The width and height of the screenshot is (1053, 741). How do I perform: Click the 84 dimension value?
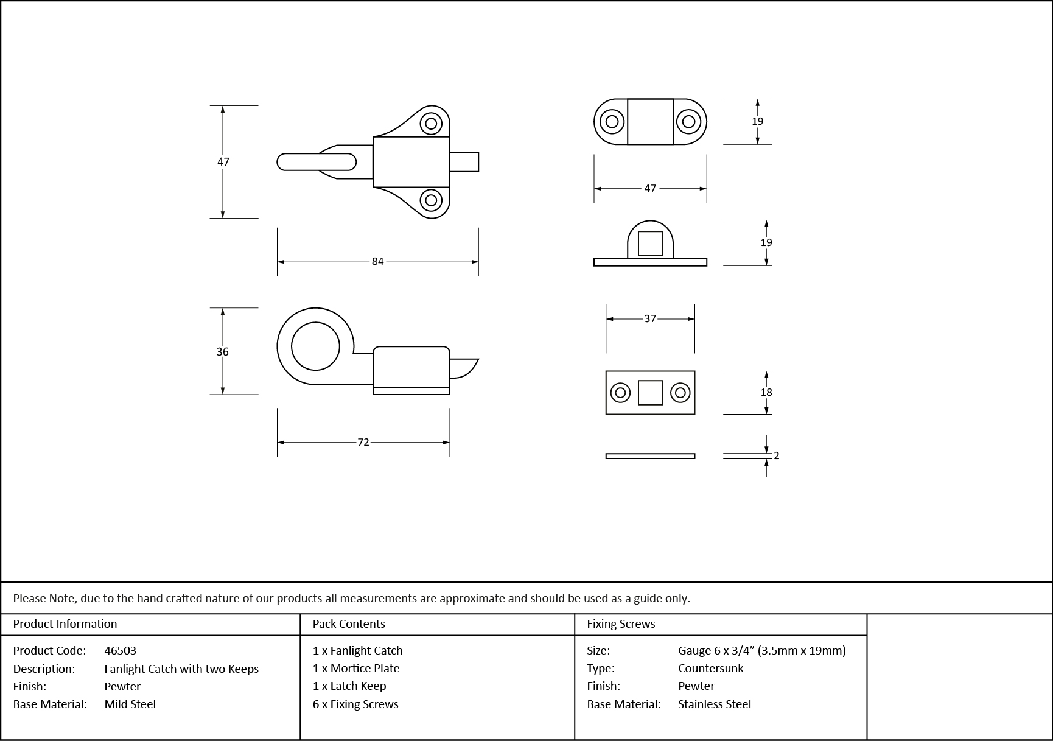point(377,261)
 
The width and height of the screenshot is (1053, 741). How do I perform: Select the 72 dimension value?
point(363,442)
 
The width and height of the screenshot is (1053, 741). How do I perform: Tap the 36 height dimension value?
point(223,351)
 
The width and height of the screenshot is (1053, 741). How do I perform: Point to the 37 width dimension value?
point(650,318)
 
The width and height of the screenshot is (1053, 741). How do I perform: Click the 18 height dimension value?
point(766,392)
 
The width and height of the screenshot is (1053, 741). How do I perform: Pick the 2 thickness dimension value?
point(776,455)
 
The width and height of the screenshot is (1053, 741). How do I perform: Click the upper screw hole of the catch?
point(431,124)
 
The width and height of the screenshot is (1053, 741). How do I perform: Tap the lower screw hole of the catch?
point(431,200)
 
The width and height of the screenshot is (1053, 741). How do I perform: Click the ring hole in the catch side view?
point(315,346)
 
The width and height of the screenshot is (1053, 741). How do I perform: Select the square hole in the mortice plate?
point(650,393)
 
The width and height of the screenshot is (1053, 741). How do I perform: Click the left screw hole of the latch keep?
point(612,121)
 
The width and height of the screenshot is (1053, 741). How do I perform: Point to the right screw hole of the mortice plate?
point(680,393)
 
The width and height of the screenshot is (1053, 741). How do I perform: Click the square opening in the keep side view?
point(650,244)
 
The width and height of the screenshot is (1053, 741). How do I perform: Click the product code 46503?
point(121,650)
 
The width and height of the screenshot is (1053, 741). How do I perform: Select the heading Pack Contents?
point(349,624)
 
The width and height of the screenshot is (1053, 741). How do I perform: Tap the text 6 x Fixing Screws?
point(355,704)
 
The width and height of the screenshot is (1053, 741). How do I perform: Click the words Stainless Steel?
point(715,704)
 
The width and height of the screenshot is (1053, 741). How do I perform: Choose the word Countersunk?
point(711,668)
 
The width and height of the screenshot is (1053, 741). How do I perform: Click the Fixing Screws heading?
point(621,624)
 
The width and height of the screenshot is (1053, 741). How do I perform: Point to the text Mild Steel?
point(130,704)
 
